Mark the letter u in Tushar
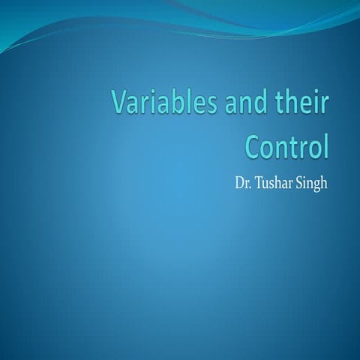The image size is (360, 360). click(x=271, y=184)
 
